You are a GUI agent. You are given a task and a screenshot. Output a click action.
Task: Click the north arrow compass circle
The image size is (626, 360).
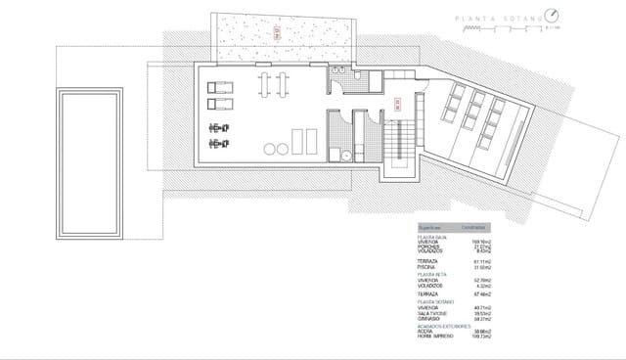[554, 16]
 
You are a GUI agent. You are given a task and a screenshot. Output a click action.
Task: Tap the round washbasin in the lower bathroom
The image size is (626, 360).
[334, 153]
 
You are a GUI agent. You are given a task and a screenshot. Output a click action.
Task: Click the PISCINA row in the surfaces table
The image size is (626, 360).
[428, 268]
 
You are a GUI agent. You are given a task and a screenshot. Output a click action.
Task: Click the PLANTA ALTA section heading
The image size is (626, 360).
[433, 275]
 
